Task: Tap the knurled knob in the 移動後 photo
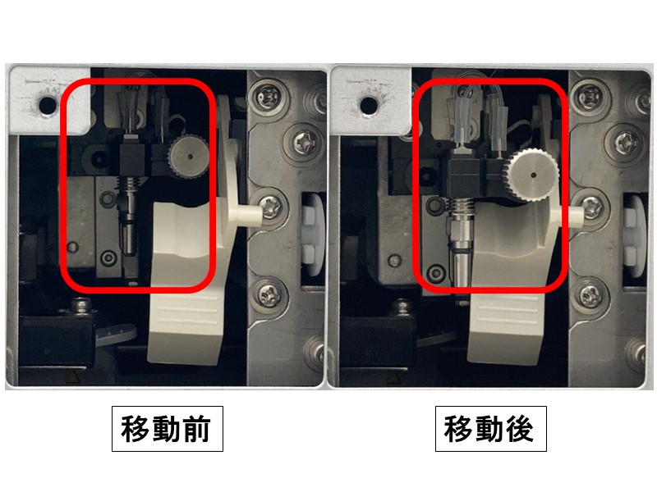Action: (531, 175)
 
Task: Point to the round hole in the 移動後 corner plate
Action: (365, 103)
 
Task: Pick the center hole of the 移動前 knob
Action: (190, 154)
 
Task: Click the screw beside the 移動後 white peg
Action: (591, 204)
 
